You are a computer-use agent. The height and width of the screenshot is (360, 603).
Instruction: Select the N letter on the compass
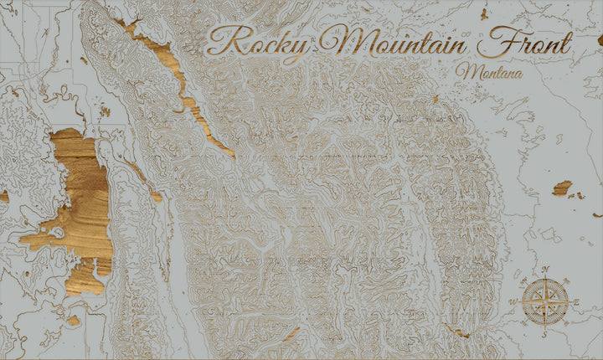coord(546,270)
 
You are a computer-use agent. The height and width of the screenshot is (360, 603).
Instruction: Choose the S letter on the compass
coord(545,333)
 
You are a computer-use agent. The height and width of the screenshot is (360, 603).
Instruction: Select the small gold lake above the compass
coord(561,188)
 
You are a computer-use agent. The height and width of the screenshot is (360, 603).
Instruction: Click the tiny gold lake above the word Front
coord(484,13)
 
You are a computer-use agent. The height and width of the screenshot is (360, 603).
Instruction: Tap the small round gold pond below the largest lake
coord(74,320)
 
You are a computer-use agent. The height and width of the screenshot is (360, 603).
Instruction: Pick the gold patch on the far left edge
coord(3,196)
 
